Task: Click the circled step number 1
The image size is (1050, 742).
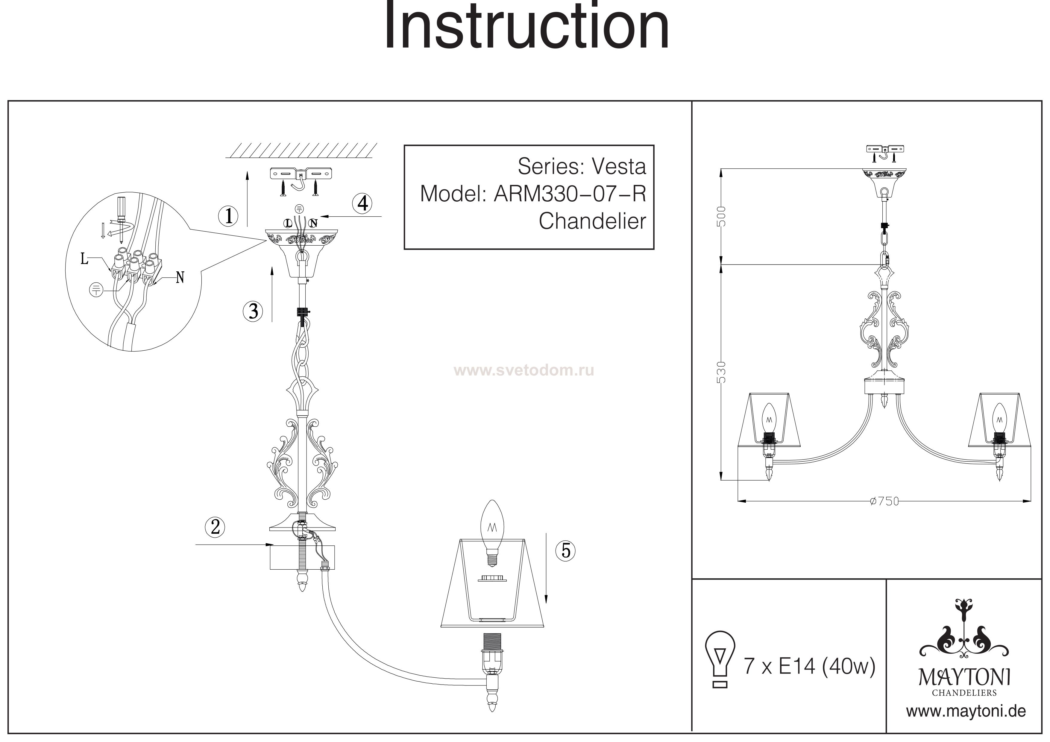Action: pos(228,216)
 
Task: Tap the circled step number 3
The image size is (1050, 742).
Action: pos(253,311)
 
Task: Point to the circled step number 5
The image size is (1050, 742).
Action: pos(566,551)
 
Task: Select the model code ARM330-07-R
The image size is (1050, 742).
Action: pos(570,194)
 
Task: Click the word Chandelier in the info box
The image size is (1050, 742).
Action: pos(592,221)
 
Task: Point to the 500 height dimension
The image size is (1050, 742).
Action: pos(721,217)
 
